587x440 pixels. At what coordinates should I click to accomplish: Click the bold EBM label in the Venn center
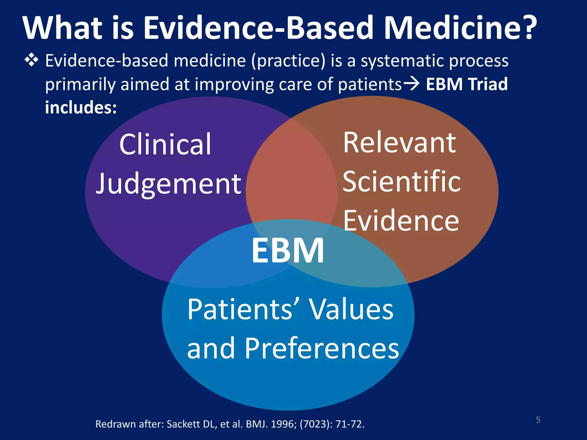[288, 250]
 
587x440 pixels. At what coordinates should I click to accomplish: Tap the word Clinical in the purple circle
[165, 144]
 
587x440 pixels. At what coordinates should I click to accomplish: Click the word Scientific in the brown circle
[402, 181]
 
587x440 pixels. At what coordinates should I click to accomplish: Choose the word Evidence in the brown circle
[401, 220]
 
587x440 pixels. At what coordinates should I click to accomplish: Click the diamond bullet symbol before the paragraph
[32, 60]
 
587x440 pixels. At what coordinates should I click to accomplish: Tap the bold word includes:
[81, 107]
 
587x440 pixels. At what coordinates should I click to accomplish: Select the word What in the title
[63, 28]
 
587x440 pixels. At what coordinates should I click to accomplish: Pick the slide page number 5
[538, 420]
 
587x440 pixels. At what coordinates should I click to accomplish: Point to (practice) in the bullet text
[288, 61]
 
